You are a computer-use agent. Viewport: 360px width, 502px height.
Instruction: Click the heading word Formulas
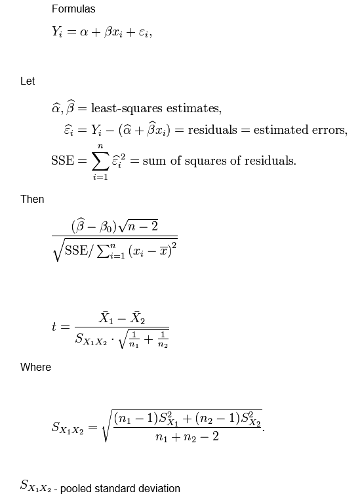73,9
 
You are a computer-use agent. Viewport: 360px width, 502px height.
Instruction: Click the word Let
28,81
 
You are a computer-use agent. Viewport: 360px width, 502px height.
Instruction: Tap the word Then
32,199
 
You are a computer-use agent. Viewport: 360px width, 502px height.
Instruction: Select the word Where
35,367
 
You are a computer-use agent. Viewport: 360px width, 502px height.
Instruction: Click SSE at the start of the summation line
62,161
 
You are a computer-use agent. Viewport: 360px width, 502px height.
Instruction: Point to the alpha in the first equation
84,31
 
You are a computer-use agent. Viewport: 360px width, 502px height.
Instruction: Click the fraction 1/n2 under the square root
163,341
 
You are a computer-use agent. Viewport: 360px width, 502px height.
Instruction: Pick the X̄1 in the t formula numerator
106,318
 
